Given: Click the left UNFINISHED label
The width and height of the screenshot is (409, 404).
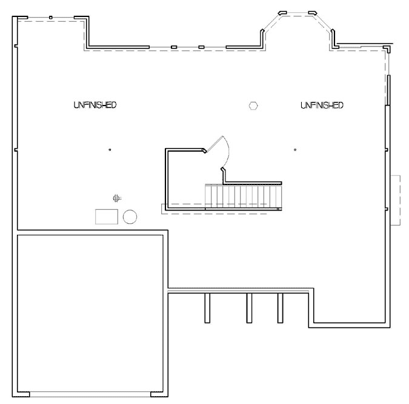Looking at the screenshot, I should click(x=95, y=105).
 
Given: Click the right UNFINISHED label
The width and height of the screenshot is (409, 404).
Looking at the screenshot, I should click(x=322, y=105).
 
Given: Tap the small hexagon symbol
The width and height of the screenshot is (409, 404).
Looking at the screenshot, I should click(x=253, y=106).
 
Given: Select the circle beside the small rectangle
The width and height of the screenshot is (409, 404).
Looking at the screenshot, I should click(x=130, y=217).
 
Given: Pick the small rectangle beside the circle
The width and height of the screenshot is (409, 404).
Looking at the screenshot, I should click(x=107, y=217).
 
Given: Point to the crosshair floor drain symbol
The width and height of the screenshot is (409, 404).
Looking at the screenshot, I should click(x=116, y=197).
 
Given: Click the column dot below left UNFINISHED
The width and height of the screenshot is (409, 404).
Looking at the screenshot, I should click(x=110, y=149).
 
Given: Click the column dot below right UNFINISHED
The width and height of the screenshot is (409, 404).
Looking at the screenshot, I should click(x=295, y=149).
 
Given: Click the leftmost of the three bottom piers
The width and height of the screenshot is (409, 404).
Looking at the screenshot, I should click(x=207, y=308).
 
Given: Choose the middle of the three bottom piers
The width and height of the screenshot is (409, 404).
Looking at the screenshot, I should click(x=248, y=308).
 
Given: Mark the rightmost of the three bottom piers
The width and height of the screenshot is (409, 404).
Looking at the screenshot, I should click(x=280, y=308).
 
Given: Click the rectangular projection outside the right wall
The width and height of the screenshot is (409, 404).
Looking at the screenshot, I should click(x=396, y=200).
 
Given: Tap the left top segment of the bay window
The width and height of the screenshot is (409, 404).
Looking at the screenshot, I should click(x=282, y=12).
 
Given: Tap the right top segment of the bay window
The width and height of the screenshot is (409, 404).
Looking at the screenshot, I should click(x=313, y=12).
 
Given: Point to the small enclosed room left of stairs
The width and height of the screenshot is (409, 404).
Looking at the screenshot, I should click(x=185, y=179).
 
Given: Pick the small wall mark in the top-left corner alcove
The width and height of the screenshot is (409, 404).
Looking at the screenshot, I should click(x=51, y=17).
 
